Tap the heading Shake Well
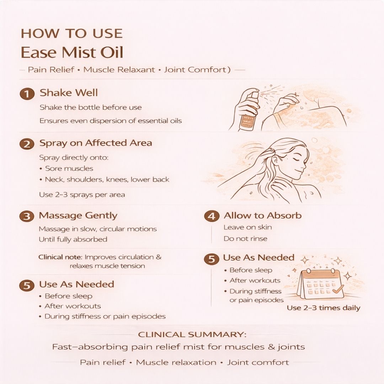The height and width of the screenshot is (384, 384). [x=69, y=93]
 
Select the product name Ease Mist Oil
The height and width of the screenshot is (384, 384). [x=72, y=53]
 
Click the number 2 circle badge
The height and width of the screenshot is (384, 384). [x=27, y=144]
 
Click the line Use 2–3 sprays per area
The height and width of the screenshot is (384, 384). [x=82, y=195]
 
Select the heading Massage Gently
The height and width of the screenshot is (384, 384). [x=78, y=215]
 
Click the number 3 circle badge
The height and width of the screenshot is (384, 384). [x=26, y=217]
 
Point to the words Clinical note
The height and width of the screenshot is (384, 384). [x=60, y=257]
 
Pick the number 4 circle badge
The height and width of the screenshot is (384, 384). [x=212, y=217]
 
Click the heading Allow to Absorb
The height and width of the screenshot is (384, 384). [x=262, y=215]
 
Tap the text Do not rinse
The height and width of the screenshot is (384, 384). [x=245, y=239]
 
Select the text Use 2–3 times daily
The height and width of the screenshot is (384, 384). [x=323, y=308]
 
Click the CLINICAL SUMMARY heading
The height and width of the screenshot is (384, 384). [x=192, y=335]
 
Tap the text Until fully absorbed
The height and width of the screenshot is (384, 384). [x=73, y=239]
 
